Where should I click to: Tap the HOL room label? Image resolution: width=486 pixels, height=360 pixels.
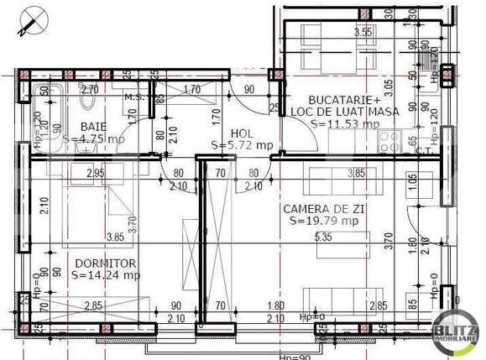[242, 133]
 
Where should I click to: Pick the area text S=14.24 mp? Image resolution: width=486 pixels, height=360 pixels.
[106, 274]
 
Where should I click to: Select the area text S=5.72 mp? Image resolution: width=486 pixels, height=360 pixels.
[243, 144]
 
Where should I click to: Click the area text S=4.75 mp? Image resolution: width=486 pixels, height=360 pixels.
[93, 138]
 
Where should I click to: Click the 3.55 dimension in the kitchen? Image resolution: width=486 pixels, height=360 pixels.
[363, 33]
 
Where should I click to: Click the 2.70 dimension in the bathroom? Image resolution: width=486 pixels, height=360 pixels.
[90, 88]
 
